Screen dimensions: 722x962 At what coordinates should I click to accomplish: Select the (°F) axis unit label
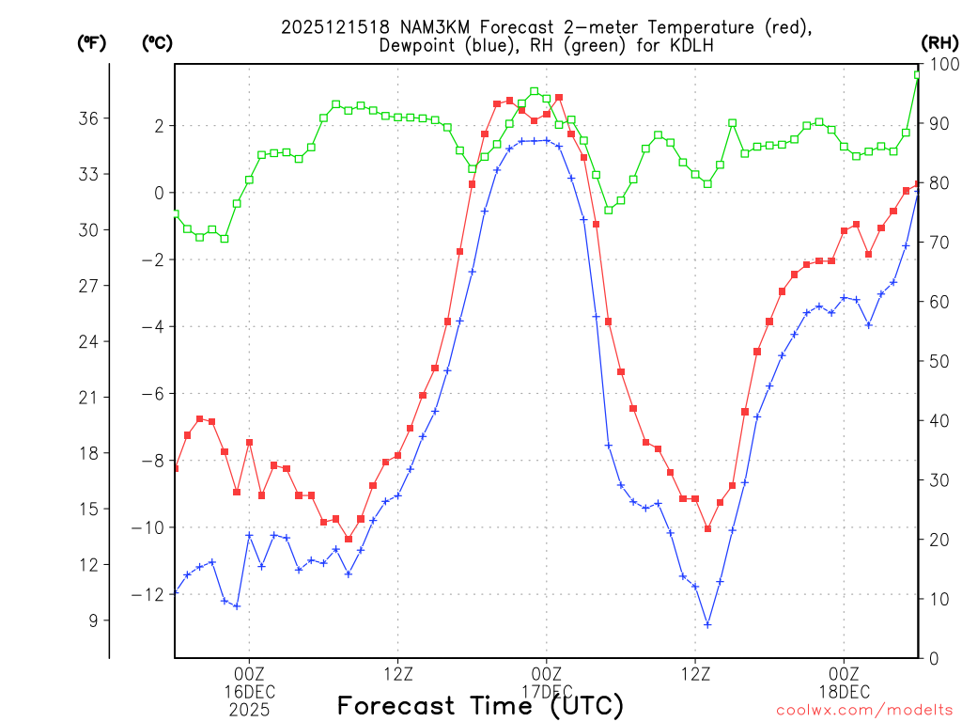pyautogui.click(x=92, y=42)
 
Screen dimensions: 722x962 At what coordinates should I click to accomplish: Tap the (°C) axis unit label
pyautogui.click(x=157, y=42)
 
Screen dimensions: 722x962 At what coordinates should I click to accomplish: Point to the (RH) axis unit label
pyautogui.click(x=939, y=42)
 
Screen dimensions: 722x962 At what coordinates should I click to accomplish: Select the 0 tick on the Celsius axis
pyautogui.click(x=159, y=194)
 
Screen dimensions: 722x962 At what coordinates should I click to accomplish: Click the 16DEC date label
pyautogui.click(x=249, y=692)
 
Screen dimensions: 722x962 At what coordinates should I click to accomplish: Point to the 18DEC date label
pyautogui.click(x=844, y=692)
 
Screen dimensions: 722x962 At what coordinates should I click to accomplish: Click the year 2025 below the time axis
pyautogui.click(x=249, y=710)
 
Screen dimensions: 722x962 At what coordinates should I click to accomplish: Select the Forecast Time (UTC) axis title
pyautogui.click(x=480, y=706)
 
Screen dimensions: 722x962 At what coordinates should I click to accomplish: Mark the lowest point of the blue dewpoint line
pyautogui.click(x=707, y=624)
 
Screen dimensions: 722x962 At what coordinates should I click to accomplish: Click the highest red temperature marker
pyautogui.click(x=559, y=97)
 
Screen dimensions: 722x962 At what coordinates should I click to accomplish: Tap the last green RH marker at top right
pyautogui.click(x=918, y=75)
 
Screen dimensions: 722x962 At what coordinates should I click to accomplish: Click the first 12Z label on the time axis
pyautogui.click(x=397, y=674)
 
